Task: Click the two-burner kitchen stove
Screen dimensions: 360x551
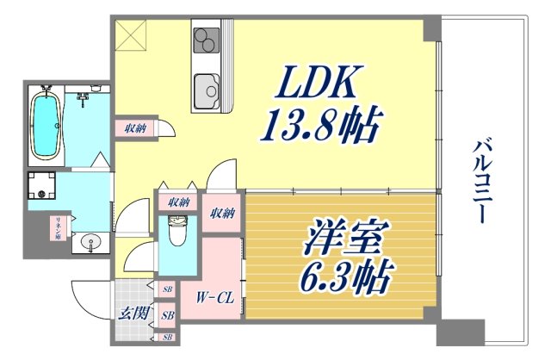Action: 207,41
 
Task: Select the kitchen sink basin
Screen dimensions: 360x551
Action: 207,89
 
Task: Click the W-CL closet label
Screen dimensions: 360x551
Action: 213,298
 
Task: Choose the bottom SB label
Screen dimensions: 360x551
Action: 169,337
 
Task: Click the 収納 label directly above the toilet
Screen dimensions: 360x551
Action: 178,202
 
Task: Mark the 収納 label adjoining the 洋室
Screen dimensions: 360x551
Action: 222,214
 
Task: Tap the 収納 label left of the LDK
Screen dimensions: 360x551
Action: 134,129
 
